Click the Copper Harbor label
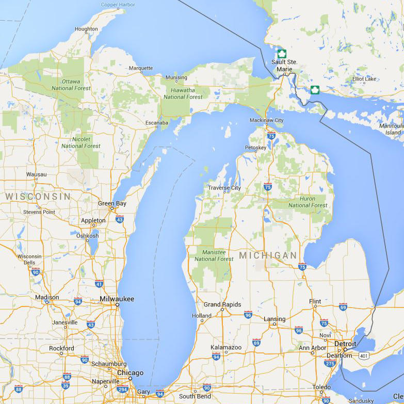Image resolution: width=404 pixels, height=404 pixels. click(118, 5)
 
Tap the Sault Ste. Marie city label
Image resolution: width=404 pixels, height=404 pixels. click(284, 66)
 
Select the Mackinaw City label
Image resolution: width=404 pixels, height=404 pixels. click(266, 120)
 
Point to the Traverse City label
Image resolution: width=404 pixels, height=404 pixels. click(224, 188)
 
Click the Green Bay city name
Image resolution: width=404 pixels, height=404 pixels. click(112, 203)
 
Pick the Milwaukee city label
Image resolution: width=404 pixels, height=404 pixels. click(117, 299)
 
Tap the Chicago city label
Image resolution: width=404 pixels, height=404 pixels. click(130, 373)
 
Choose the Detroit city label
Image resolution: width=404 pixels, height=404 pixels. click(345, 344)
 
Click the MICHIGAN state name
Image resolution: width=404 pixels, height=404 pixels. click(268, 256)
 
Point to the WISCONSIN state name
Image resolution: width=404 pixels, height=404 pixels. click(38, 197)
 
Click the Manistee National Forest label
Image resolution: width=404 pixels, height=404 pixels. click(214, 255)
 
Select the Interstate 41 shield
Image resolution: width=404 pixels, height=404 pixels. click(99, 283)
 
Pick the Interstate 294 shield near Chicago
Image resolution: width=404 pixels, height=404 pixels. click(122, 390)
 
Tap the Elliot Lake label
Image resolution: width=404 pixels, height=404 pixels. click(364, 79)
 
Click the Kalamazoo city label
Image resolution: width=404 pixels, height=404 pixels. click(226, 347)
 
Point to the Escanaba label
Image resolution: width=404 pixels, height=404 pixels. click(157, 123)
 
